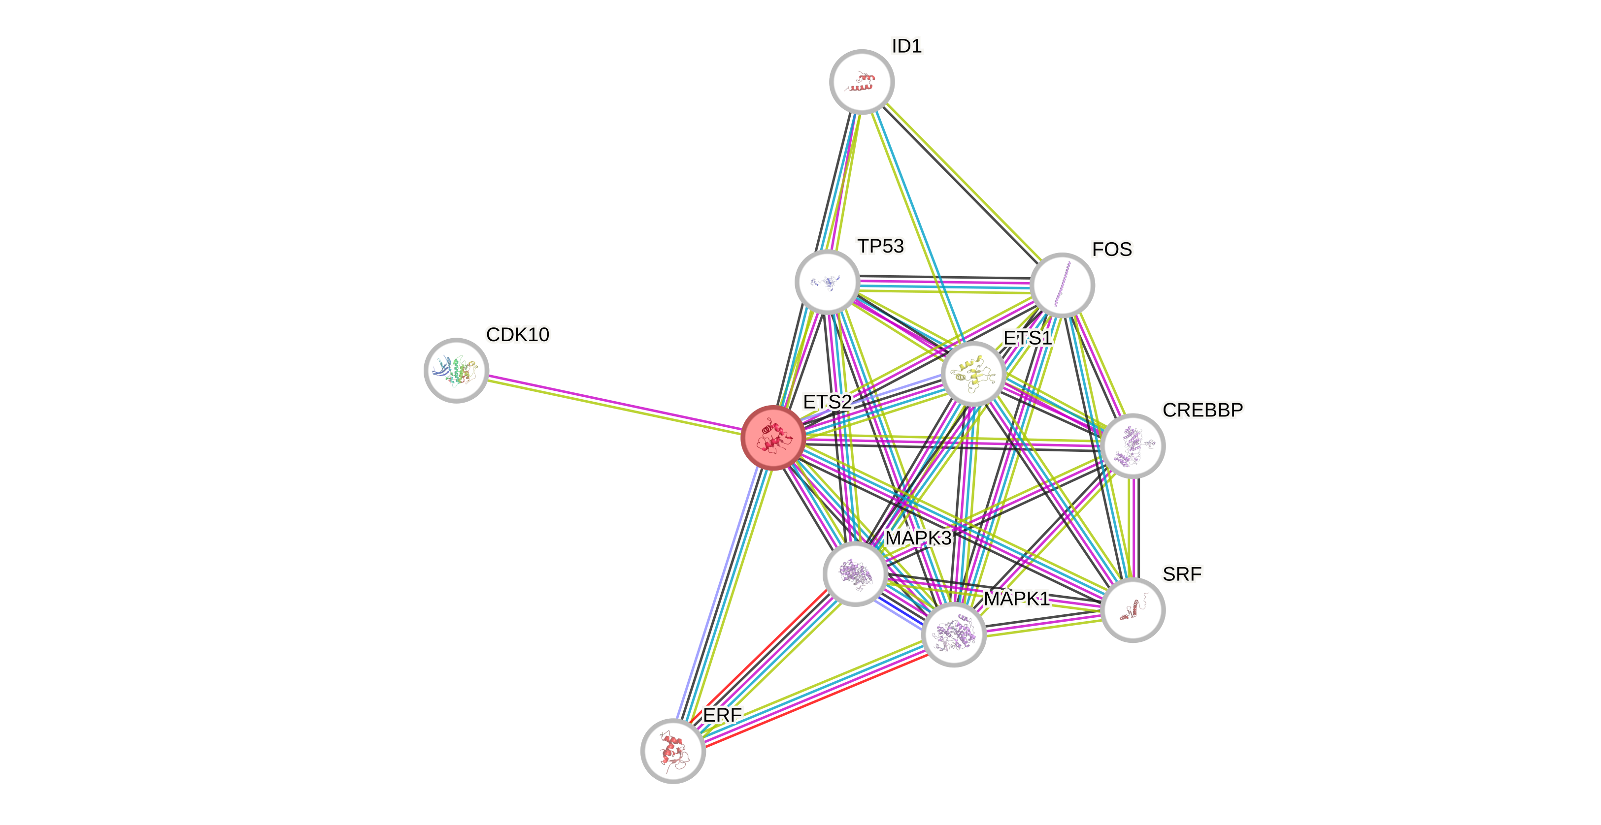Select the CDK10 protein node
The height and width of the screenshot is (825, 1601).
pyautogui.click(x=456, y=370)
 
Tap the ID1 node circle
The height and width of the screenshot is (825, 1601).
pyautogui.click(x=862, y=81)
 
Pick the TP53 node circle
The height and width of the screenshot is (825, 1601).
pyautogui.click(x=827, y=282)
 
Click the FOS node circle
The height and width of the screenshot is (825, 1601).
pyautogui.click(x=1062, y=285)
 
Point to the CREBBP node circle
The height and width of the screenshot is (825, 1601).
pyautogui.click(x=1133, y=445)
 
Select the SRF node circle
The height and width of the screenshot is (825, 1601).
pyautogui.click(x=1133, y=609)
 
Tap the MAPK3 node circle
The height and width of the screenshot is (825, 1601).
pyautogui.click(x=855, y=573)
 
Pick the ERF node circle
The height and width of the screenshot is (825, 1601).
pyautogui.click(x=673, y=751)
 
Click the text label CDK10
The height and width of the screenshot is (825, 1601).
pyautogui.click(x=518, y=335)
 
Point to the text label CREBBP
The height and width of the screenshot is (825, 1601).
pyautogui.click(x=1202, y=410)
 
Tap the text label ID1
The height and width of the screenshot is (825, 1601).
pyautogui.click(x=907, y=46)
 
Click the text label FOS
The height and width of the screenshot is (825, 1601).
pyautogui.click(x=1112, y=249)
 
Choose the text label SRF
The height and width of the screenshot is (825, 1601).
pyautogui.click(x=1182, y=574)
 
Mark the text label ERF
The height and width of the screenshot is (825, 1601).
pyautogui.click(x=722, y=716)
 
